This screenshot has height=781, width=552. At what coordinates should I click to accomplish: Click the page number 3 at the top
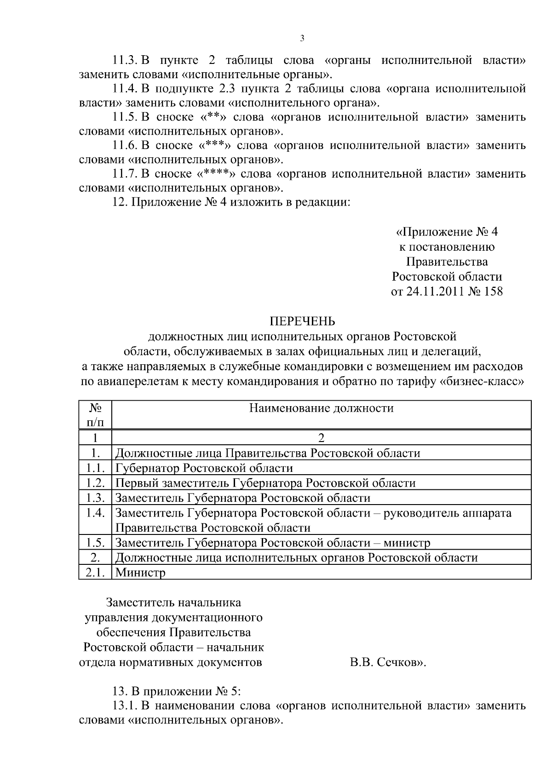click(x=302, y=39)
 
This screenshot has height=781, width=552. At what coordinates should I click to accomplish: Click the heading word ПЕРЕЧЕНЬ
click(x=302, y=321)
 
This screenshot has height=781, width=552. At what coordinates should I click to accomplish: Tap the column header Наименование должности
click(x=321, y=408)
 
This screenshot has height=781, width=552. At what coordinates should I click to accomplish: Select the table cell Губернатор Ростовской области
click(x=204, y=468)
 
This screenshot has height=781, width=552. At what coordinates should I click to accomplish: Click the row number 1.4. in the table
click(x=95, y=513)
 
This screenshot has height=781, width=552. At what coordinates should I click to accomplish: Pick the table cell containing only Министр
click(x=140, y=573)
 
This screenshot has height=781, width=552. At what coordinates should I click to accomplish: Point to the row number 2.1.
click(x=95, y=573)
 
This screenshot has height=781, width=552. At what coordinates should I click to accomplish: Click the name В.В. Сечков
click(x=387, y=663)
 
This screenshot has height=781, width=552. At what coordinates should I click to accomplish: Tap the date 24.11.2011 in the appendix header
click(x=434, y=292)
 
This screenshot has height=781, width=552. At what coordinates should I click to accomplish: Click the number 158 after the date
click(x=493, y=292)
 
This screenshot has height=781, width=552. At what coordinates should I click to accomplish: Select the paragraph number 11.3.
click(x=126, y=60)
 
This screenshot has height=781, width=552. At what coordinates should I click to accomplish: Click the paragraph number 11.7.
click(x=126, y=174)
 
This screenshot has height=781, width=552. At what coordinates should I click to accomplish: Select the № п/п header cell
click(x=95, y=415)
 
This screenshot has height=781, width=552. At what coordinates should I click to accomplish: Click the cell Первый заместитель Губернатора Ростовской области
click(x=265, y=483)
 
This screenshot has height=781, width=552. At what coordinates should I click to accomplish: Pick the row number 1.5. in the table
click(x=95, y=543)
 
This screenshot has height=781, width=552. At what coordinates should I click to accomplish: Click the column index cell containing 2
click(x=321, y=438)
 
